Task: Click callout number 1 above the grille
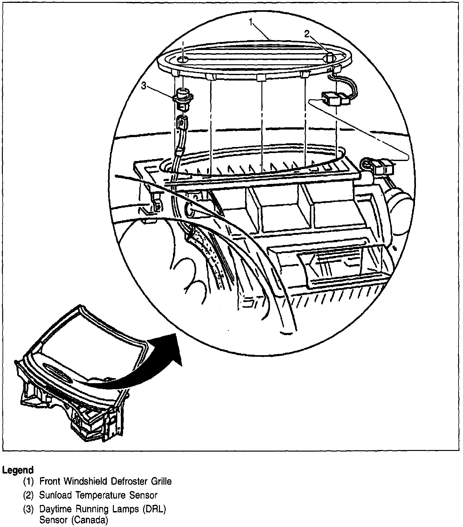coord(251,22)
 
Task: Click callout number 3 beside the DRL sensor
coord(144,86)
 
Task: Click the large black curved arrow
coord(153,366)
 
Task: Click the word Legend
coord(18,470)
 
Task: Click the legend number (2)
coord(29,495)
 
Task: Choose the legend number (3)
coord(29,509)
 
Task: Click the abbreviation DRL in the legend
coord(154,509)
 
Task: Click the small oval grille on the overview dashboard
coord(57,370)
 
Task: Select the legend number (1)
coord(29,481)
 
